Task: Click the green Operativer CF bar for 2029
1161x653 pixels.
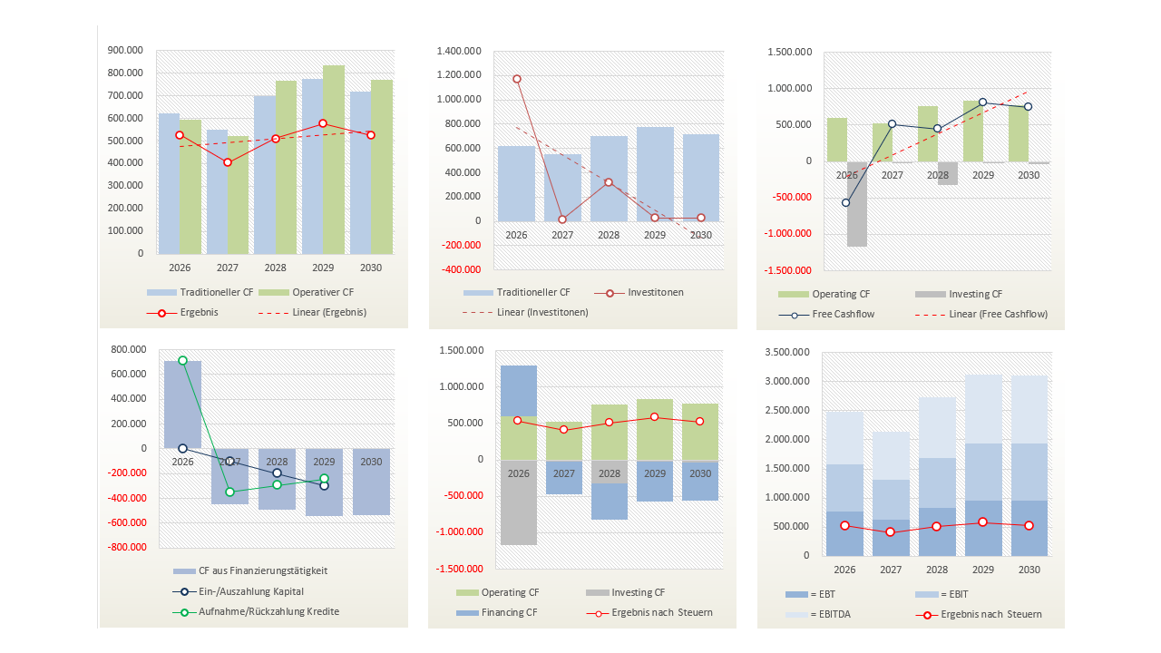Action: coord(334,160)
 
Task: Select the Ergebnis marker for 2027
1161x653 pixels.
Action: coord(228,162)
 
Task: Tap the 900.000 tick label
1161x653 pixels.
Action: coord(125,50)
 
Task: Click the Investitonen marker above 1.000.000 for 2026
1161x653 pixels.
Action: coord(517,79)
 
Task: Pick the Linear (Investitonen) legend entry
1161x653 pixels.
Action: coord(525,313)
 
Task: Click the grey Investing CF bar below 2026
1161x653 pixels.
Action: coord(857,204)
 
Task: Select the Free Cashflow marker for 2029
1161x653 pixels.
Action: coord(982,102)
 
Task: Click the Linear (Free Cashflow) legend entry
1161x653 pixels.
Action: coord(981,314)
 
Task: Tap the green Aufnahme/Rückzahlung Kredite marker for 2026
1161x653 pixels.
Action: coord(182,360)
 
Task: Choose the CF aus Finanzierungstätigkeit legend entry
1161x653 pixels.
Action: coord(250,570)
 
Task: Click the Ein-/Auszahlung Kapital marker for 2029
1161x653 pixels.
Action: coord(324,485)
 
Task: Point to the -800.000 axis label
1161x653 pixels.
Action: coord(126,547)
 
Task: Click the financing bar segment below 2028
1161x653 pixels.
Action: coord(610,502)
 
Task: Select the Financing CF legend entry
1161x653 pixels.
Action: coord(496,612)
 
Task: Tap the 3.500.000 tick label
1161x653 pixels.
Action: coord(786,353)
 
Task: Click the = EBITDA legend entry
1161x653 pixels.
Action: coord(818,615)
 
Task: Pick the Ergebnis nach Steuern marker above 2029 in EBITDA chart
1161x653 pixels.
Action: coord(982,521)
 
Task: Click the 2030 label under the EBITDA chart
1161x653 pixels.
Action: coord(1029,570)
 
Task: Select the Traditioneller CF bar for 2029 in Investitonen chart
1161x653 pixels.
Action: coord(655,174)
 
